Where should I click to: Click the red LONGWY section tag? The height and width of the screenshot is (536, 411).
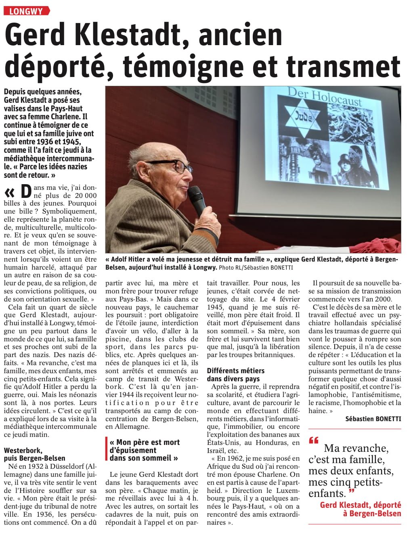click(26, 11)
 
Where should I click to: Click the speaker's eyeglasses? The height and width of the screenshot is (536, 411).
click(171, 165)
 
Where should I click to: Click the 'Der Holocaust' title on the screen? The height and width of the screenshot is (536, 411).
click(325, 97)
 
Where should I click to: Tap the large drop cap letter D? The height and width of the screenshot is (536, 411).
click(26, 192)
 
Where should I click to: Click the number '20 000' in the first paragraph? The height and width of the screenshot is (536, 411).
click(86, 196)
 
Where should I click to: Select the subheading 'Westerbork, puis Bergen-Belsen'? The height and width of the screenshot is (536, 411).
click(34, 454)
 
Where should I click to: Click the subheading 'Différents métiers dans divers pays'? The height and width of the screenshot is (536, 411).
click(236, 375)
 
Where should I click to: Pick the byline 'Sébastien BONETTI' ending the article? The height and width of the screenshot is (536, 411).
click(373, 419)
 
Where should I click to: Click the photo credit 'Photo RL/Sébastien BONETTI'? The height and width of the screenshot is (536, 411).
click(255, 267)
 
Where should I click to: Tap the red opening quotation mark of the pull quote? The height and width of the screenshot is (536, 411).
click(314, 440)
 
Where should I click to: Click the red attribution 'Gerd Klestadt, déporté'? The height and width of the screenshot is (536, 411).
click(360, 505)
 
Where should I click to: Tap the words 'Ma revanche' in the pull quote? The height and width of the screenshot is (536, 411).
click(356, 448)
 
